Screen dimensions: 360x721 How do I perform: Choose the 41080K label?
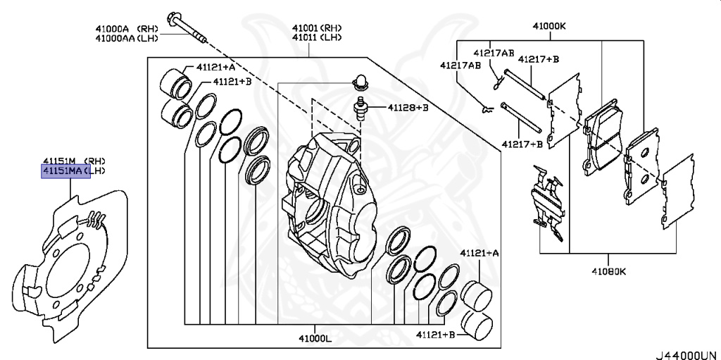[x=608, y=272]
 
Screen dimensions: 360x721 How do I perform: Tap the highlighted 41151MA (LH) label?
[x=65, y=171]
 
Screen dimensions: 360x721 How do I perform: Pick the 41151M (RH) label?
[x=65, y=161]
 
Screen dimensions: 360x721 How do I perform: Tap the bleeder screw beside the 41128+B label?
[x=363, y=109]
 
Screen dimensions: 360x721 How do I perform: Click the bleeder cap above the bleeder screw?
[x=360, y=82]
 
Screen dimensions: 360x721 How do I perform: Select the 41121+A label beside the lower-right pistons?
[x=479, y=252]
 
